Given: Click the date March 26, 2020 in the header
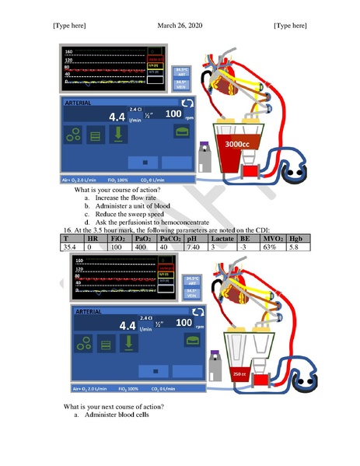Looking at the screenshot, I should click(180, 25).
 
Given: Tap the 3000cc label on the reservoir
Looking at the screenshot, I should click(236, 145).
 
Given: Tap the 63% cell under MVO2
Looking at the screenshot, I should click(270, 247).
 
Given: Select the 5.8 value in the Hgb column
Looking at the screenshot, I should click(293, 247).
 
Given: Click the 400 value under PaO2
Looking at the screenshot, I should click(142, 247).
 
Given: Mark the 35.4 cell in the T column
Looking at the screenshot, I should click(69, 247).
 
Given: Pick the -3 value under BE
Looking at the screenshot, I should click(245, 247).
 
